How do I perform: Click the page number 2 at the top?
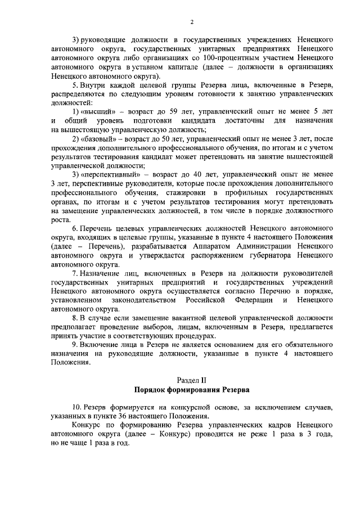[x=192, y=22]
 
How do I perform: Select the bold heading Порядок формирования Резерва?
[x=192, y=390]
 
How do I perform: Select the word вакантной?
[x=195, y=318]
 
